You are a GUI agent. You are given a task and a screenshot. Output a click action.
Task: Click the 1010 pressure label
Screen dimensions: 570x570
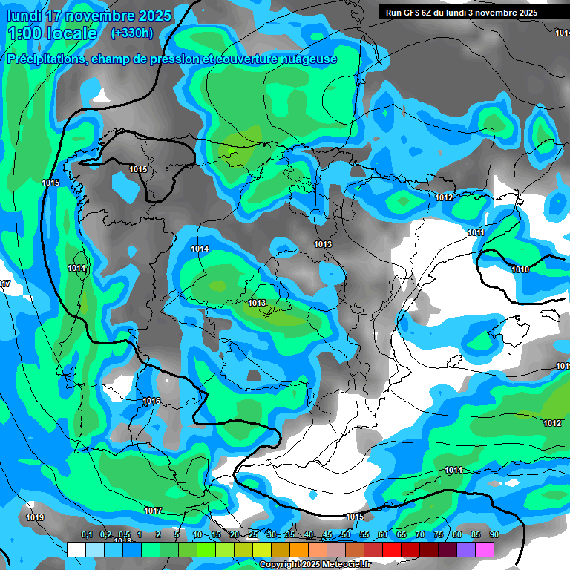pyautogui.click(x=520, y=269)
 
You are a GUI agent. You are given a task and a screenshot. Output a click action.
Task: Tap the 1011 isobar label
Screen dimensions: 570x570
pyautogui.click(x=476, y=233)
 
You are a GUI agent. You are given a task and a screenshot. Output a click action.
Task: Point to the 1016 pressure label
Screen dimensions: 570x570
pyautogui.click(x=151, y=401)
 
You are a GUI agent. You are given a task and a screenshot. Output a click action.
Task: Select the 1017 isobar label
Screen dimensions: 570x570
pyautogui.click(x=153, y=511)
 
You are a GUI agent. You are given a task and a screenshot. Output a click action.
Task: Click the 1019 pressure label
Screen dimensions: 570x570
pyautogui.click(x=35, y=517)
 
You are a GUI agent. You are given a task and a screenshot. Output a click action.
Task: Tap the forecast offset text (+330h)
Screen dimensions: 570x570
pyautogui.click(x=132, y=33)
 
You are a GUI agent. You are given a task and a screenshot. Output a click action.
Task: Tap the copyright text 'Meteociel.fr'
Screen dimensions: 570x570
pyautogui.click(x=345, y=565)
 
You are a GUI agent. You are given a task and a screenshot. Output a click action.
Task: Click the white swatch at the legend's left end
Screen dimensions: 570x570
pyautogui.click(x=76, y=549)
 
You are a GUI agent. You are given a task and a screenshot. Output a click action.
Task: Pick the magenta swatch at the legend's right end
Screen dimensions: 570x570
pyautogui.click(x=485, y=549)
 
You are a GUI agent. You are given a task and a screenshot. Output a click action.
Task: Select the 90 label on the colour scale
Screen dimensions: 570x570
pyautogui.click(x=494, y=535)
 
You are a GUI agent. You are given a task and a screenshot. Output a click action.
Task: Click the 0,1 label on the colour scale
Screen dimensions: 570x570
pyautogui.click(x=86, y=535)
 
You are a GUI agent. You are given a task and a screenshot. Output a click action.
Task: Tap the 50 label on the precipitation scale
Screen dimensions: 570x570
pyautogui.click(x=346, y=535)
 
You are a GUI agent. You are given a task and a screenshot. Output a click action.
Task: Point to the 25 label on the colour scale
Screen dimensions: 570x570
pyautogui.click(x=253, y=535)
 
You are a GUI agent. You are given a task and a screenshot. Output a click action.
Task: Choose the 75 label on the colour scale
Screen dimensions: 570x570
pyautogui.click(x=439, y=535)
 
